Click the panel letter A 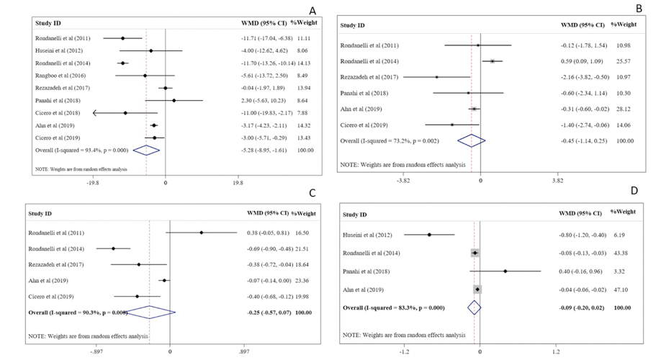coord(312,10)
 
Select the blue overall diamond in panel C coord(148,312)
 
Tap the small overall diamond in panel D coord(474,307)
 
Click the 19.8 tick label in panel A coord(237,183)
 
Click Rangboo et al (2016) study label coord(58,75)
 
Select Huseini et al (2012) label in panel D coord(369,234)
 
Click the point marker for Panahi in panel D coord(505,271)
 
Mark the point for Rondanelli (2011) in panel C coord(202,233)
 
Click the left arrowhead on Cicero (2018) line coord(95,113)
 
